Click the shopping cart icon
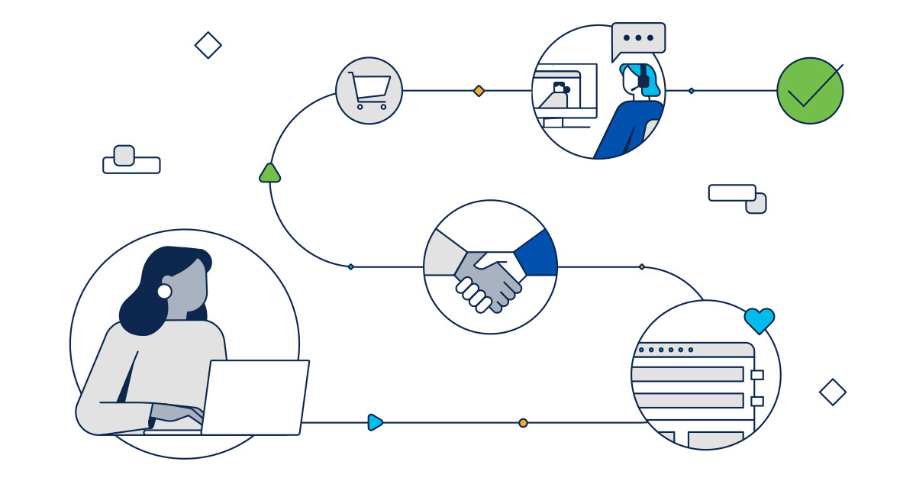[369, 90]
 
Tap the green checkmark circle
[810, 91]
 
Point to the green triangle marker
[269, 173]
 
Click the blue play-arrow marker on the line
[375, 422]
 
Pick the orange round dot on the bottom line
[523, 422]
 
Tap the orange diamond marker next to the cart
[479, 91]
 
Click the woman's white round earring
[164, 291]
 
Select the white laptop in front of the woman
[255, 397]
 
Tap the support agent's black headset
[643, 79]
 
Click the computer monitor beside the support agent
[566, 95]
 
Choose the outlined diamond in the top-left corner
[208, 45]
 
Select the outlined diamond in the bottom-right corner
[832, 392]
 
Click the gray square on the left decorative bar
[124, 155]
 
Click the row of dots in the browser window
[666, 350]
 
